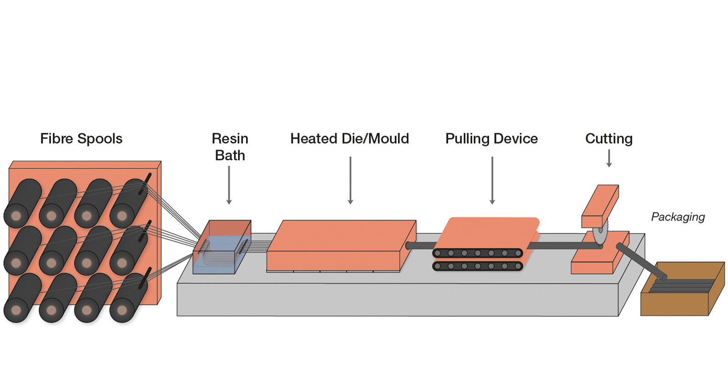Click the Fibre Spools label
[x=81, y=139]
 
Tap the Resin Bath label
[x=230, y=146]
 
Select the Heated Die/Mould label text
[x=349, y=139]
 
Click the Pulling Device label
[x=491, y=139]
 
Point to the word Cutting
[x=608, y=139]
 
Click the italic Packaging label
[x=677, y=217]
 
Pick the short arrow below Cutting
[x=609, y=158]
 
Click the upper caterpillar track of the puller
[x=477, y=253]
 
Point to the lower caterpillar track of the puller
[x=477, y=266]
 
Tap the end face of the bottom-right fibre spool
[x=122, y=311]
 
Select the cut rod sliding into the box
[x=642, y=261]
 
